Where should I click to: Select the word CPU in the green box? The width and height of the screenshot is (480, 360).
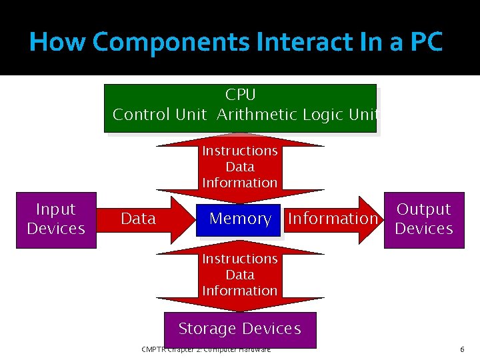pyautogui.click(x=240, y=95)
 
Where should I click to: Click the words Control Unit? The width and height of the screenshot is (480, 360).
pyautogui.click(x=160, y=115)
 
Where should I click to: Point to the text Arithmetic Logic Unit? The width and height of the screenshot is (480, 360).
pyautogui.click(x=297, y=115)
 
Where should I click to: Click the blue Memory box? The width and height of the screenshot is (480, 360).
pyautogui.click(x=239, y=219)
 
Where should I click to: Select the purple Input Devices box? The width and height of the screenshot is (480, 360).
pyautogui.click(x=56, y=219)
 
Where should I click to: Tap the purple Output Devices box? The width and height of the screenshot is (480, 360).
pyautogui.click(x=424, y=219)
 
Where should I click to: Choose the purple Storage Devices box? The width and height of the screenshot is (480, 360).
pyautogui.click(x=240, y=329)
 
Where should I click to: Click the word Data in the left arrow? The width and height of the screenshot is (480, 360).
pyautogui.click(x=139, y=219)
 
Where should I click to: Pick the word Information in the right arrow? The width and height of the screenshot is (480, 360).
pyautogui.click(x=333, y=219)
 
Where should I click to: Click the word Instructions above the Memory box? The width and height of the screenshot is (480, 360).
pyautogui.click(x=240, y=151)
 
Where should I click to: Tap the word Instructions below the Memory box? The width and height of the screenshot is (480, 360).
pyautogui.click(x=240, y=259)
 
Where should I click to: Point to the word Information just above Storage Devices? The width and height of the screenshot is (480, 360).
pyautogui.click(x=240, y=291)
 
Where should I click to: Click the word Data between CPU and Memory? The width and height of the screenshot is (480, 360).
pyautogui.click(x=240, y=167)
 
